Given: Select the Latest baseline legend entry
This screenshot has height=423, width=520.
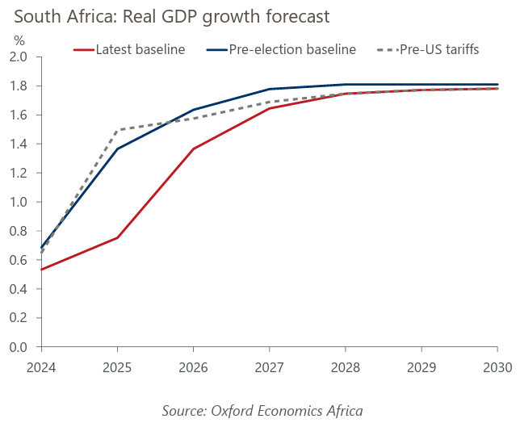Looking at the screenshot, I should point(140,50).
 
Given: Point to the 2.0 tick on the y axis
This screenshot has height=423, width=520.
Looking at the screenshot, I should point(19,57).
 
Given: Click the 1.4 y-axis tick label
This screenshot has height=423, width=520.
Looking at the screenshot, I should point(19,144).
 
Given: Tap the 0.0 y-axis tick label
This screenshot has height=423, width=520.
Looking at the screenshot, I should point(19,347).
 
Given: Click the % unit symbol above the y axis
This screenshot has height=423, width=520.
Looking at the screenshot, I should point(20,40).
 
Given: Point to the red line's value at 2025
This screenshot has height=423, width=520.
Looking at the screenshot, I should point(118,237).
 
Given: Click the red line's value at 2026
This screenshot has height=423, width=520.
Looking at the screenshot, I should point(194,149).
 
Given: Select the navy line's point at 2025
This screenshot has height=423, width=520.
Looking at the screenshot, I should point(118,149).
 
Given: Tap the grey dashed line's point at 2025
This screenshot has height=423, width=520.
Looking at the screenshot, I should point(118,130).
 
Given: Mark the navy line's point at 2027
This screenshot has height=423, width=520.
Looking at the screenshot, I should point(269,89).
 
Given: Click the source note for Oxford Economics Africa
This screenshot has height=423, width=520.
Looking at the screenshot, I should point(262,410).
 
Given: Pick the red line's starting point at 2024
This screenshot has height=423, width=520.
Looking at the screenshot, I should point(42,270).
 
